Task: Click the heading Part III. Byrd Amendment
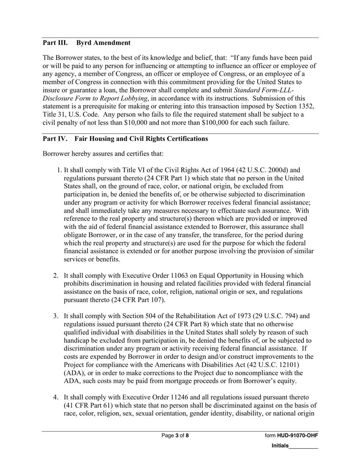click(x=86, y=43)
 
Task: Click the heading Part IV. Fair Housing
click(x=125, y=139)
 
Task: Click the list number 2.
click(x=55, y=276)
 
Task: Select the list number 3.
click(x=55, y=316)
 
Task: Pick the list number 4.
click(x=55, y=397)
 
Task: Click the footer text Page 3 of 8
click(x=175, y=436)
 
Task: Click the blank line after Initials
click(x=303, y=446)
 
